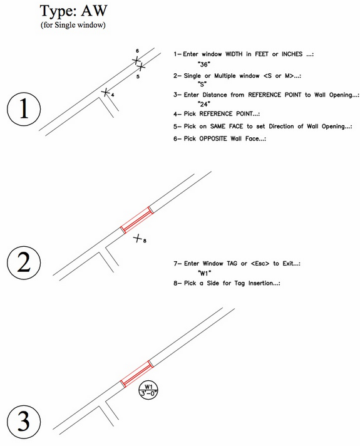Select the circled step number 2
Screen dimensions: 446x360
point(24,264)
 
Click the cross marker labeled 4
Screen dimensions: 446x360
point(106,92)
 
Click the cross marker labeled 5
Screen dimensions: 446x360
point(141,67)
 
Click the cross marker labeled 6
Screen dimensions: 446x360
point(136,60)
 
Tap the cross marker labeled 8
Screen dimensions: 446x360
point(137,238)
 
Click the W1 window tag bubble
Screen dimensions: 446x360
point(148,389)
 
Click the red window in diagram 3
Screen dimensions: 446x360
point(136,373)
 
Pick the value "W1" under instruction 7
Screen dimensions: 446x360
point(203,274)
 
